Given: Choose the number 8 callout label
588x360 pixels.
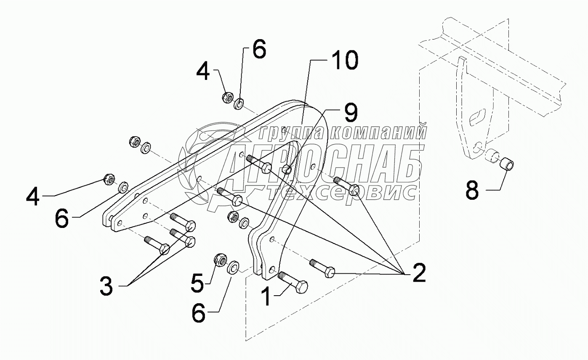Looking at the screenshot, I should point(472,191).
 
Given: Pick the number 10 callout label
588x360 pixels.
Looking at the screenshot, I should point(344,61).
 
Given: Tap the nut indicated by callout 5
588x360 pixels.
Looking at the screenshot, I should point(221,260).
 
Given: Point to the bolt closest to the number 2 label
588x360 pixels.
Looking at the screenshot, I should point(323,268).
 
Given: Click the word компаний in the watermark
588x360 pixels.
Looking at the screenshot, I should point(377,132).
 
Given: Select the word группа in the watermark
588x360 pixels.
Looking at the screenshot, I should point(292,132).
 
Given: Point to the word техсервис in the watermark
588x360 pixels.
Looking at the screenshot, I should point(342,192).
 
